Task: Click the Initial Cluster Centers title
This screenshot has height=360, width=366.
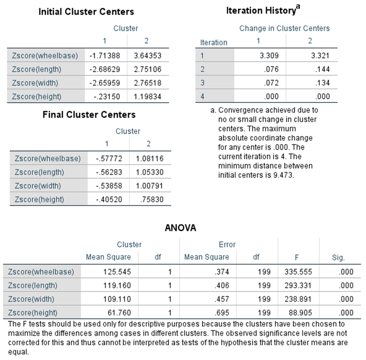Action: (86, 11)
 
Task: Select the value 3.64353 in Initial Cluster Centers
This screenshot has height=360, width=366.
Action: (148, 55)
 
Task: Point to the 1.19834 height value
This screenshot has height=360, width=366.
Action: (148, 96)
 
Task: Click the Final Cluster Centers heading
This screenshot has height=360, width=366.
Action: (89, 115)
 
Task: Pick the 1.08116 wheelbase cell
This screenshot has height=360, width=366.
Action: (149, 158)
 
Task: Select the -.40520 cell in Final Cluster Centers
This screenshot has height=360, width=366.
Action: (109, 199)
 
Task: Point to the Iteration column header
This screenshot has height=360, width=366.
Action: (214, 42)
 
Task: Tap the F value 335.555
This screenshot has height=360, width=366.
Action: (298, 272)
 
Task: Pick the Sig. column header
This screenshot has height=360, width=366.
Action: (338, 258)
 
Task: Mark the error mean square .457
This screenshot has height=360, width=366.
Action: (222, 299)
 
